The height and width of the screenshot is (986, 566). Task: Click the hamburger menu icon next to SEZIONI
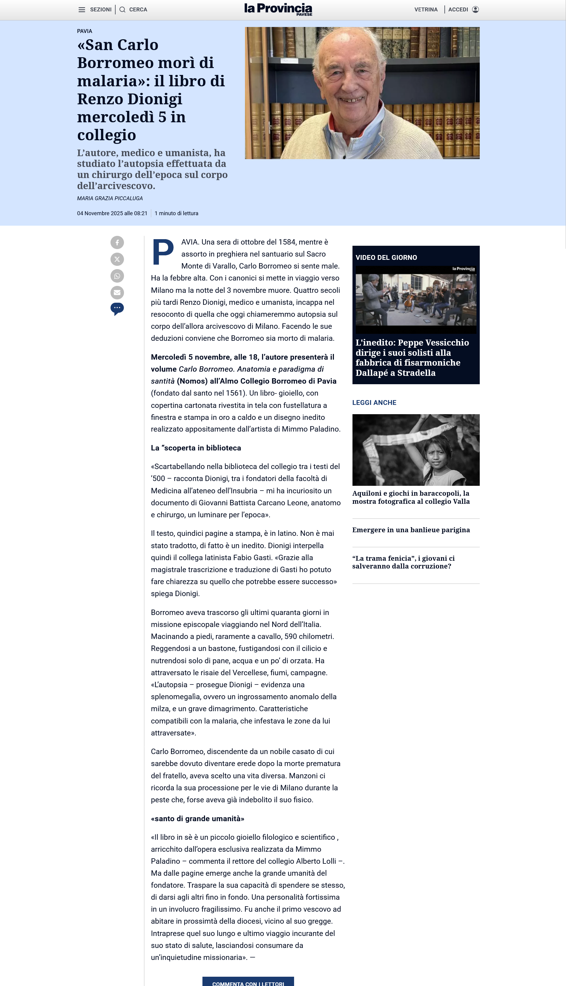[82, 10]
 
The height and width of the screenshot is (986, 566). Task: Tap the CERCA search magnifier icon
[122, 10]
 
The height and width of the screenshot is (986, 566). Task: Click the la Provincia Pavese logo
[278, 9]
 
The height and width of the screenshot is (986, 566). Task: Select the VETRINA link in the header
[426, 10]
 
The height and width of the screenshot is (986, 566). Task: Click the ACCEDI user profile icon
[475, 10]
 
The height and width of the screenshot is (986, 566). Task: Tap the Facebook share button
[117, 242]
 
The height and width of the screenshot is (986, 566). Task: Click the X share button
[117, 259]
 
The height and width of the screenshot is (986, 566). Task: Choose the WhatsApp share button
[117, 276]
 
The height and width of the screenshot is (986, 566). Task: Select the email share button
[117, 293]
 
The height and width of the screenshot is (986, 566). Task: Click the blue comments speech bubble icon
[117, 308]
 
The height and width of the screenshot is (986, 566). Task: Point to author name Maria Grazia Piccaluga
[110, 198]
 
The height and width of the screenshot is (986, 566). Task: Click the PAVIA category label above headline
[84, 31]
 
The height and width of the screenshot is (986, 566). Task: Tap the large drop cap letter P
[163, 252]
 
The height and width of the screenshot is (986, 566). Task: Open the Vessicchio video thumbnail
[416, 299]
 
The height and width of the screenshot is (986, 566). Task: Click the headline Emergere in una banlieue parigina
[411, 530]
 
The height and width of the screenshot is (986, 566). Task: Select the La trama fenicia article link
[403, 562]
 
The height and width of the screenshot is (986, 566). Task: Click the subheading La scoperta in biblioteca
[196, 448]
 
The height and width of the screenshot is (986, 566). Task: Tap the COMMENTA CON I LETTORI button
[248, 982]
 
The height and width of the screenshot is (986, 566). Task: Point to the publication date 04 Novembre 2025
[112, 213]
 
